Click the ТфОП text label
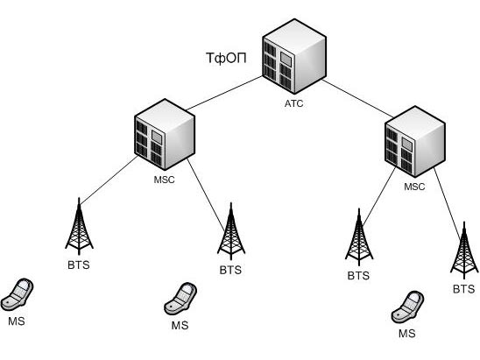[226, 58]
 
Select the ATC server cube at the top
[294, 56]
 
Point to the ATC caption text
[294, 103]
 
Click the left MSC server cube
[165, 134]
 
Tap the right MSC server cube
[415, 141]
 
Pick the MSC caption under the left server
[164, 180]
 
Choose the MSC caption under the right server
[414, 187]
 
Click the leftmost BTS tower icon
[80, 227]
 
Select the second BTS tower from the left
[231, 231]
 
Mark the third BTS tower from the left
[359, 237]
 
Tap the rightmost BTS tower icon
[464, 251]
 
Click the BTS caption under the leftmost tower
[79, 265]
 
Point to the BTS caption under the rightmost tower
[463, 289]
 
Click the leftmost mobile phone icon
[17, 294]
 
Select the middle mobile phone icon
[180, 299]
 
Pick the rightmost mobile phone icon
[407, 307]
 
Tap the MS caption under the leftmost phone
[17, 321]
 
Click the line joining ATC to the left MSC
[224, 93]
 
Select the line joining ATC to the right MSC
[357, 98]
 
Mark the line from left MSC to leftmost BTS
[109, 180]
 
